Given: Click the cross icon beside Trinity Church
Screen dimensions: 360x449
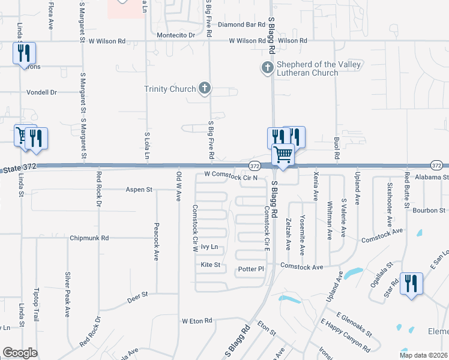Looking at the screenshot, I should [x=205, y=89].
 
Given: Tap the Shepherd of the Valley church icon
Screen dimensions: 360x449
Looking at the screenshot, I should [x=267, y=68].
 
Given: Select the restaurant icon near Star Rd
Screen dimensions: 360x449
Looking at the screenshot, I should [x=411, y=283].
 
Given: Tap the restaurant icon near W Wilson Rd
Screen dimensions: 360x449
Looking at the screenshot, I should [x=24, y=53].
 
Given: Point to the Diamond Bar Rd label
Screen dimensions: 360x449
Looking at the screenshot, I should [x=241, y=25].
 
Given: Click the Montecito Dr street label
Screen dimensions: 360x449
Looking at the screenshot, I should [x=176, y=35].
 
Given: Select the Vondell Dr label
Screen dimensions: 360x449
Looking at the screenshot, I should [x=41, y=92].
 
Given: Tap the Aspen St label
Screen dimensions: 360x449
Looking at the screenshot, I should [x=139, y=190].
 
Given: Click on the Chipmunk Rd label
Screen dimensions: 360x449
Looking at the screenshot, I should [x=88, y=238].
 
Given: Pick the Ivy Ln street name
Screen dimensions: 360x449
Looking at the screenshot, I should [x=209, y=247].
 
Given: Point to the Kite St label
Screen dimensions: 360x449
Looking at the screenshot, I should [x=211, y=265].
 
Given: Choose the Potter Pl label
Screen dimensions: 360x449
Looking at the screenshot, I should [x=251, y=269].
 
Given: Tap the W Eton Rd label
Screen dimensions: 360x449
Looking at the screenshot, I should [x=197, y=321].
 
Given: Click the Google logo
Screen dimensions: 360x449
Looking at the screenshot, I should [x=20, y=353].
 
